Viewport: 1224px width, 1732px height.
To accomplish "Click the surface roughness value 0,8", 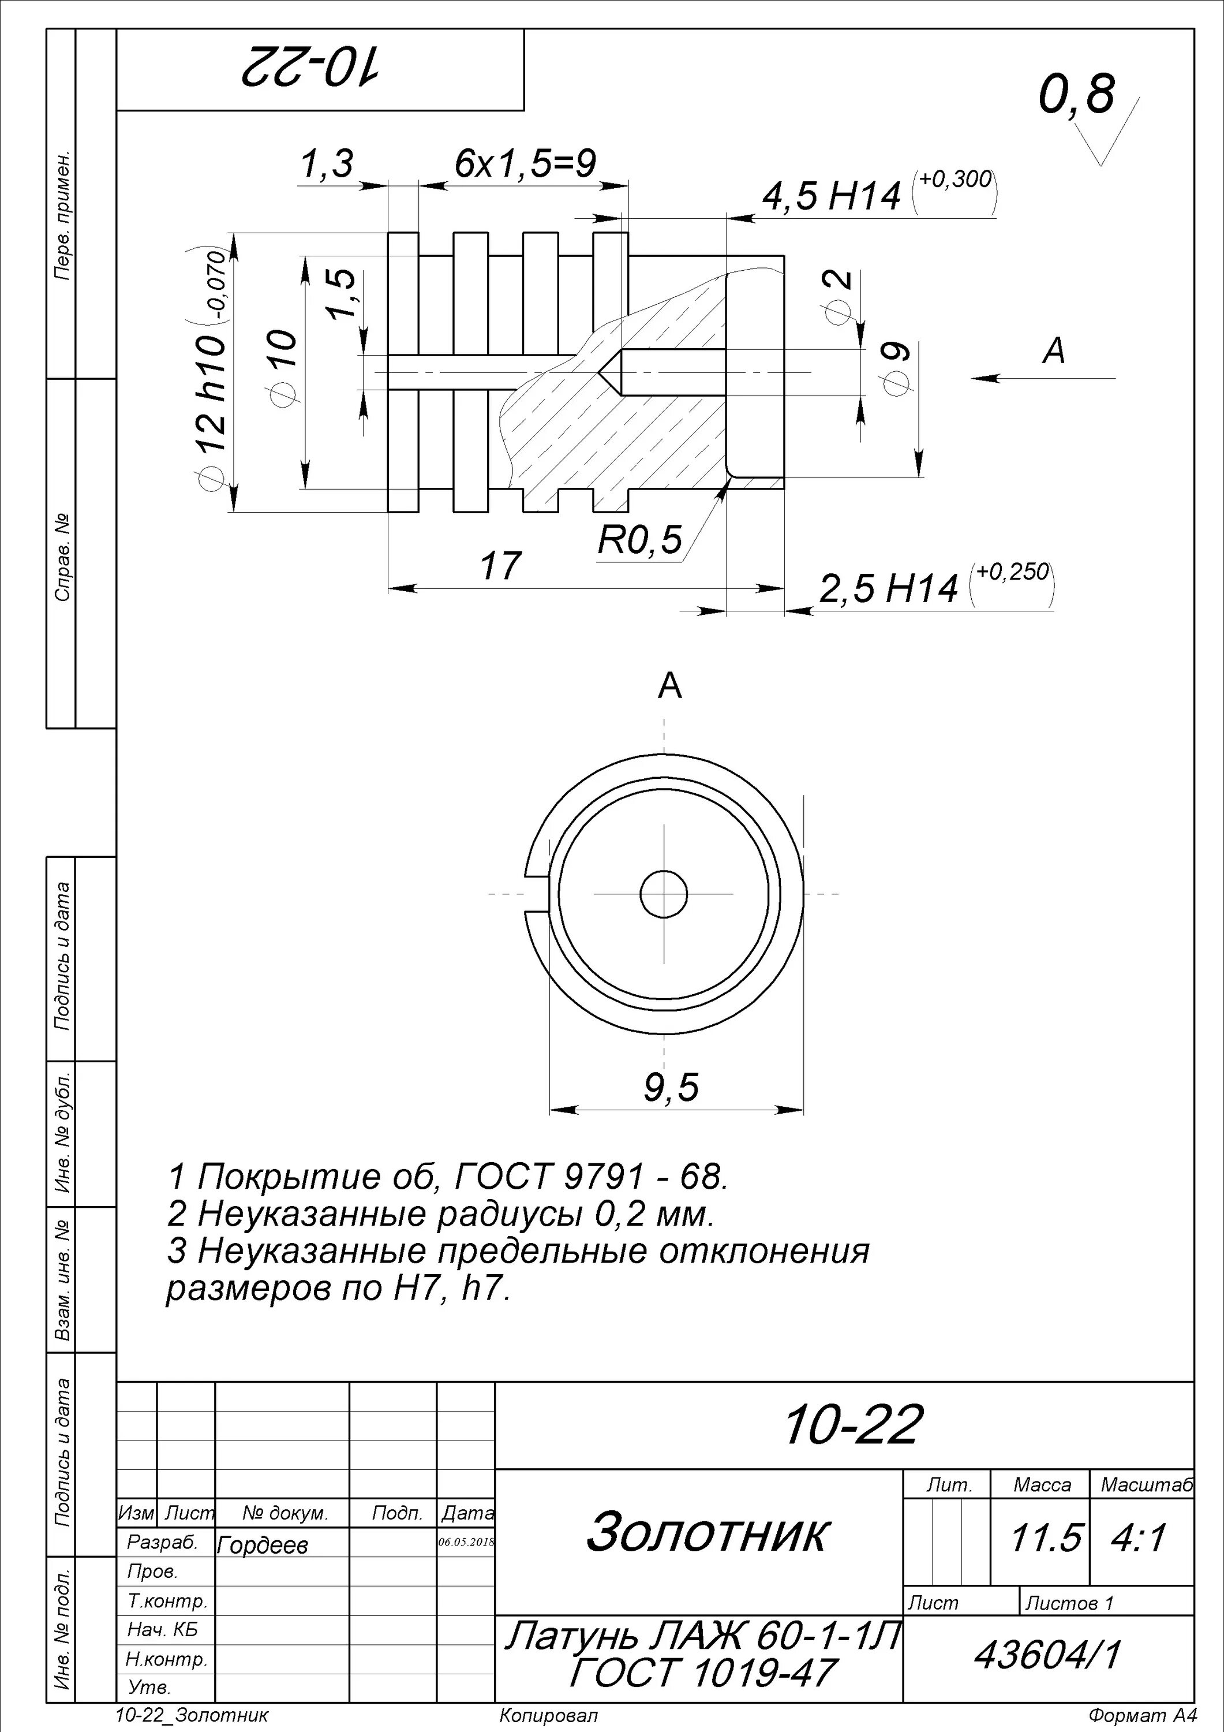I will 1076,95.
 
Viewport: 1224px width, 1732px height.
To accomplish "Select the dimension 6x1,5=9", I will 525,163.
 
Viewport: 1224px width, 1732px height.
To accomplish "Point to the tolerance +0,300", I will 956,180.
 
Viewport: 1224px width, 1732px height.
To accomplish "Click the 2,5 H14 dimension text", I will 888,589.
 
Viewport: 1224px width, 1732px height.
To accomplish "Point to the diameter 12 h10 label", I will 213,392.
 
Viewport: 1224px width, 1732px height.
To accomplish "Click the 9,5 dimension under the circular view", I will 671,1087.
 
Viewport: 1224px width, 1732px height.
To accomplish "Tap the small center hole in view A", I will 664,895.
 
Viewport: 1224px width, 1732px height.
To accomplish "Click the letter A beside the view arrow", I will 1054,352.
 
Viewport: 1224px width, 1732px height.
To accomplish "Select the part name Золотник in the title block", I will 707,1533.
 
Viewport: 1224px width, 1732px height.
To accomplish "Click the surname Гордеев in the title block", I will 263,1546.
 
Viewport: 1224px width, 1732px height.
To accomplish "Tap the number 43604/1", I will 1047,1656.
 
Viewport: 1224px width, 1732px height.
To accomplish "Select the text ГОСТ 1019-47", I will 702,1673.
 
